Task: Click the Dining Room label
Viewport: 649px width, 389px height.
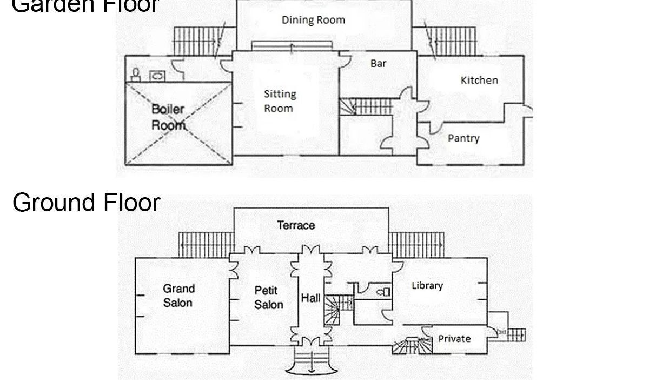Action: tap(314, 20)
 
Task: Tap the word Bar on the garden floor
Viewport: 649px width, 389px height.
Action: tap(379, 63)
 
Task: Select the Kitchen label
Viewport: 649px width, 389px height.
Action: tap(480, 80)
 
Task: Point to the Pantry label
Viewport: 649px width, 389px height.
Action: tap(463, 138)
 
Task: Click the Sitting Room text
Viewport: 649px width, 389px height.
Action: tap(280, 101)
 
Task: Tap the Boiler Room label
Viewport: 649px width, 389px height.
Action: tap(168, 117)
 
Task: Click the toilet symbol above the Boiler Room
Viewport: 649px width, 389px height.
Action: tap(136, 75)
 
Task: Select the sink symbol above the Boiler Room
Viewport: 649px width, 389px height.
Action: tap(157, 76)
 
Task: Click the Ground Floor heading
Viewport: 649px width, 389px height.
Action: tap(87, 203)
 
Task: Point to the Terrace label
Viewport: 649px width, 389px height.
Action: tap(296, 225)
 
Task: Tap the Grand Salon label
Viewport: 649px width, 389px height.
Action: tap(178, 296)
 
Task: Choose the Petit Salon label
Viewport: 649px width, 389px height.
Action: tap(268, 298)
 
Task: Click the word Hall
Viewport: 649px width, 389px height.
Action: tap(310, 298)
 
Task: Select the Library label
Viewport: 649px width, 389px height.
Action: tap(427, 286)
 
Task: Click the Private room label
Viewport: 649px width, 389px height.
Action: tap(454, 339)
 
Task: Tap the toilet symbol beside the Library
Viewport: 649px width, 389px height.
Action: tap(383, 292)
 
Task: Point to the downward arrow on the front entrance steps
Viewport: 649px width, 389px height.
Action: tap(312, 361)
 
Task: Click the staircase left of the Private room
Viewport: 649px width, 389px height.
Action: tap(412, 346)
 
